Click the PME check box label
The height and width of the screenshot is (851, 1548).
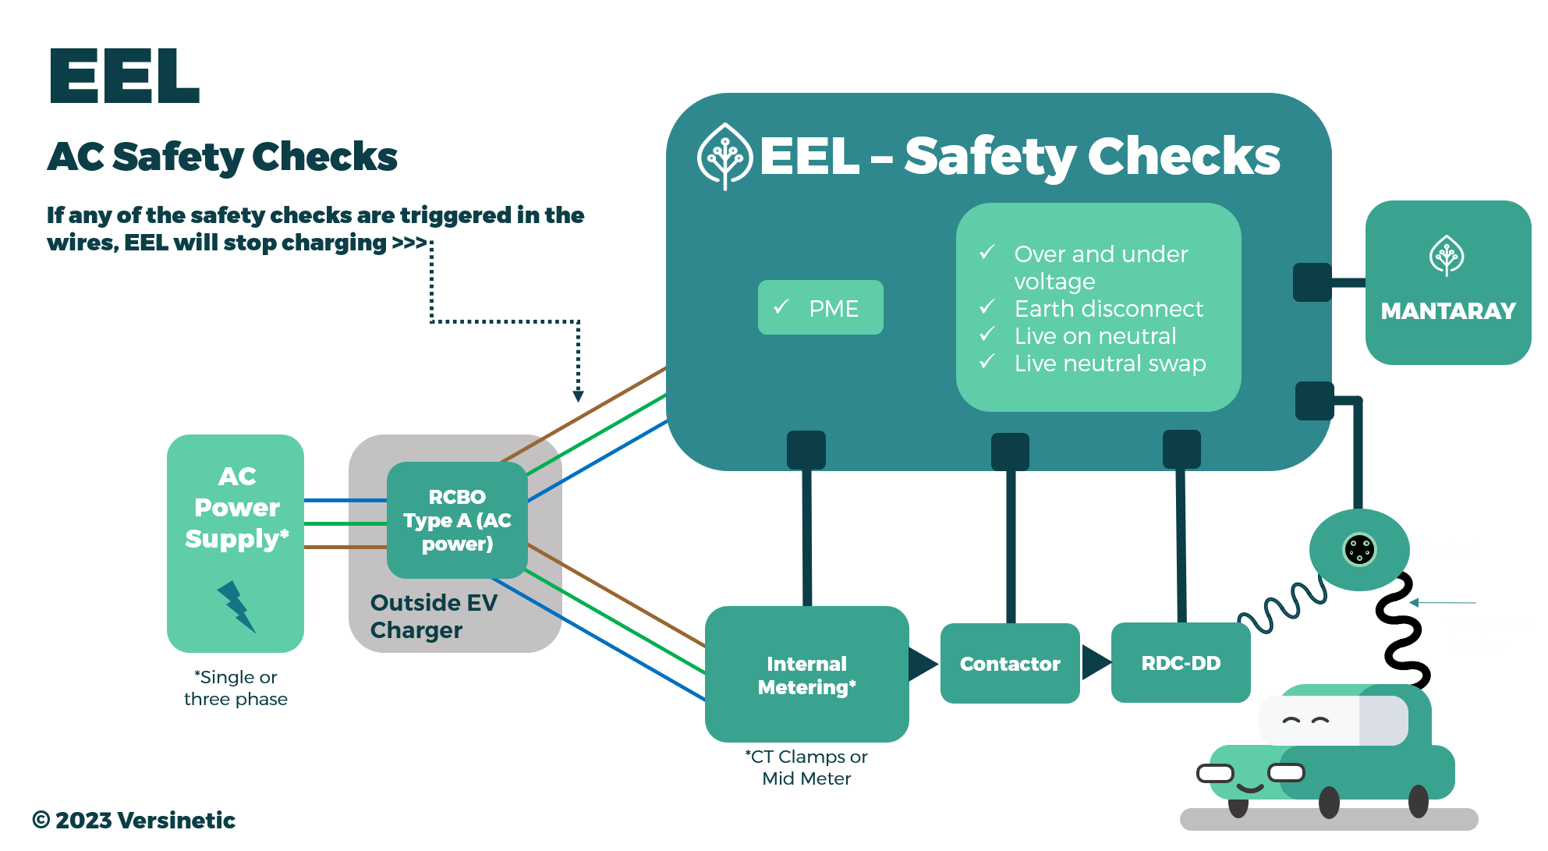click(820, 308)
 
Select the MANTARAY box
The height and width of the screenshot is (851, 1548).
click(1447, 283)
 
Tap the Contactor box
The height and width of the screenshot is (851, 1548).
click(1010, 664)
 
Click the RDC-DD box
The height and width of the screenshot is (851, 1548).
click(1181, 663)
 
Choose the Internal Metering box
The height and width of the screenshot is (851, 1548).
click(806, 675)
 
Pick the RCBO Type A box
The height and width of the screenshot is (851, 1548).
click(457, 520)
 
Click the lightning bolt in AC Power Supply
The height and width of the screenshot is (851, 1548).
click(236, 606)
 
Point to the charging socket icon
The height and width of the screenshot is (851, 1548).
click(1359, 549)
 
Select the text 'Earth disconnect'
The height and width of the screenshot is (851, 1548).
click(1108, 309)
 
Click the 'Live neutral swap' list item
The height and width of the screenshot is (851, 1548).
click(1110, 363)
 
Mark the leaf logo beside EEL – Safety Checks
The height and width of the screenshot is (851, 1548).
click(724, 156)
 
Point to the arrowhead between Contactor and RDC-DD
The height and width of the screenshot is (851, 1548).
click(1096, 662)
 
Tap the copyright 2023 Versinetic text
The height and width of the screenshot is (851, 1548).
click(134, 820)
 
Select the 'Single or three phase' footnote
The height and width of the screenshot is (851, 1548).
click(236, 688)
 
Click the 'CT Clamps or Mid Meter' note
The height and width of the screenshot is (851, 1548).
click(806, 768)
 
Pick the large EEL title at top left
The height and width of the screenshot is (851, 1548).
click(125, 76)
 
